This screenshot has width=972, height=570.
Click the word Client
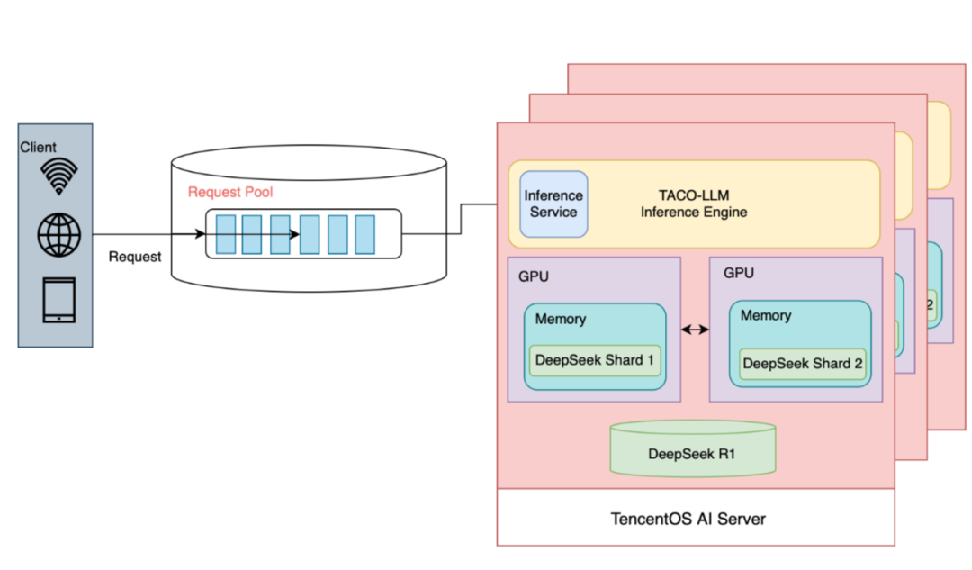click(x=38, y=147)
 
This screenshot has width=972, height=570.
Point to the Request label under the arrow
click(x=135, y=257)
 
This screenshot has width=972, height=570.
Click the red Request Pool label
click(x=230, y=192)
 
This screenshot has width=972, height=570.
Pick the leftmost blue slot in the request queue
click(x=225, y=234)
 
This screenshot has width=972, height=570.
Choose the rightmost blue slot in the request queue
click(x=364, y=234)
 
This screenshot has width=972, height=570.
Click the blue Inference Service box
click(x=553, y=204)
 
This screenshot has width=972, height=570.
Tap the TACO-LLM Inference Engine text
click(x=693, y=204)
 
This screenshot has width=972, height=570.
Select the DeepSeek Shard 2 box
click(x=802, y=364)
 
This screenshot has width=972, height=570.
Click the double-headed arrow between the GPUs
click(x=695, y=330)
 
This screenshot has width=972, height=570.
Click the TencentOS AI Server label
click(x=688, y=519)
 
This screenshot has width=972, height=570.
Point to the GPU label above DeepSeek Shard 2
click(x=739, y=273)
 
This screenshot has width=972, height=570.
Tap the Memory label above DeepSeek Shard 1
click(x=560, y=319)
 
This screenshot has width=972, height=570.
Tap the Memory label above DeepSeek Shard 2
click(x=766, y=315)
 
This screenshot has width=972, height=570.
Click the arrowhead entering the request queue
click(x=201, y=234)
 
